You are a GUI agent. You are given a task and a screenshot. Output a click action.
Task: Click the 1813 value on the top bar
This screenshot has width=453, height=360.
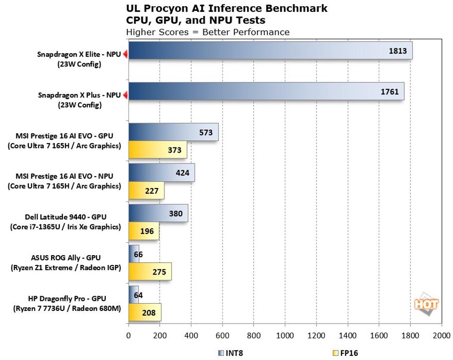pyautogui.click(x=397, y=51)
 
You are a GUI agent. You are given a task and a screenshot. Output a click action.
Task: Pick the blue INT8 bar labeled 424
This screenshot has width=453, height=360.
pyautogui.click(x=161, y=172)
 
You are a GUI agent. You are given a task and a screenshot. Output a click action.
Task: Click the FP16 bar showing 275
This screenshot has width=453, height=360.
pyautogui.click(x=150, y=272)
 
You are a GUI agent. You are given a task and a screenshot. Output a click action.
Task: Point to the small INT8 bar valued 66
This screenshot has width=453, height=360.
pyautogui.click(x=134, y=254)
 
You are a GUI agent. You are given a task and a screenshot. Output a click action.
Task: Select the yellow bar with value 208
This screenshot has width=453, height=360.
pyautogui.click(x=145, y=312)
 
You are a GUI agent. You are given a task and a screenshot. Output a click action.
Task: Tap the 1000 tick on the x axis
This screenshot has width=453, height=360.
pyautogui.click(x=285, y=336)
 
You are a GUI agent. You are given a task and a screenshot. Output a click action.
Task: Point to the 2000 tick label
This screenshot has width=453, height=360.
pyautogui.click(x=441, y=336)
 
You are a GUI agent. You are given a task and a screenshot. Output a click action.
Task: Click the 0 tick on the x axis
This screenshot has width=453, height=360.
pyautogui.click(x=128, y=336)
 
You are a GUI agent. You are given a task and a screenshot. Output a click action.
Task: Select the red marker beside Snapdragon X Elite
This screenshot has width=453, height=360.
pyautogui.click(x=126, y=54)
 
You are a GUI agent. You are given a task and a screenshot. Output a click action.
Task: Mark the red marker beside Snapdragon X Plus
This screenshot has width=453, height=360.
pyautogui.click(x=126, y=95)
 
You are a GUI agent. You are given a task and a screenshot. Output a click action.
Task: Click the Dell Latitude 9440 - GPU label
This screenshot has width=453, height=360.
pyautogui.click(x=65, y=217)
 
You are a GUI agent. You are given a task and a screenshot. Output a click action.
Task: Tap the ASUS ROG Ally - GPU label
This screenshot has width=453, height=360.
pyautogui.click(x=65, y=258)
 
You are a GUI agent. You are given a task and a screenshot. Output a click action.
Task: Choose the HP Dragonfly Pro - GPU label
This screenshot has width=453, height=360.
pyautogui.click(x=65, y=299)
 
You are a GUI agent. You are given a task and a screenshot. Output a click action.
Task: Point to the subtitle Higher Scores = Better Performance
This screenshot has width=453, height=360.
pyautogui.click(x=207, y=32)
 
